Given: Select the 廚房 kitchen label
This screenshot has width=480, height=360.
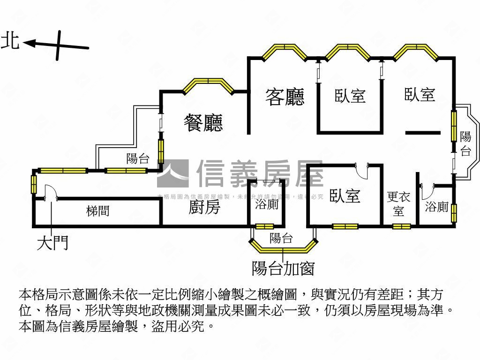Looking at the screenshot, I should click(204, 207).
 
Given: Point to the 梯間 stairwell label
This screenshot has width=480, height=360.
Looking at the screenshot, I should click(98, 211).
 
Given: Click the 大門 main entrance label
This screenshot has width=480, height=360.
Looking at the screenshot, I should click(52, 242).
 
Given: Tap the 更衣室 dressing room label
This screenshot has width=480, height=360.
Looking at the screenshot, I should click(398, 204).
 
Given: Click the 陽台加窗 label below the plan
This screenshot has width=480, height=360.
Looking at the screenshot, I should click(283, 268).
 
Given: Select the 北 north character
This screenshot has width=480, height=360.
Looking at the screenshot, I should click(10, 41).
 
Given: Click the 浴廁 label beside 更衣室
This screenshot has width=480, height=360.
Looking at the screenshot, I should click(437, 206).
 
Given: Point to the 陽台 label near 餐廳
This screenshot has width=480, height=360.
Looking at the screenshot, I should click(138, 158).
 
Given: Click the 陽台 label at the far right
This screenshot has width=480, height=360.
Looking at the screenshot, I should click(465, 143).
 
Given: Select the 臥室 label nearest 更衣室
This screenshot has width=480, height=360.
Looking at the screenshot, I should click(345, 195).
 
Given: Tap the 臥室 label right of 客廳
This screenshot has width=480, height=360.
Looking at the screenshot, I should click(350, 96).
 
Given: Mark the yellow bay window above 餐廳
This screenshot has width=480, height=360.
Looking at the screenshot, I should click(208, 85).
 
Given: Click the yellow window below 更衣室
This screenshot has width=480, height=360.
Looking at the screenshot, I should click(402, 226).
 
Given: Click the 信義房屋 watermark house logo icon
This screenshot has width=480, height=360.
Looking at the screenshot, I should click(172, 173).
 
